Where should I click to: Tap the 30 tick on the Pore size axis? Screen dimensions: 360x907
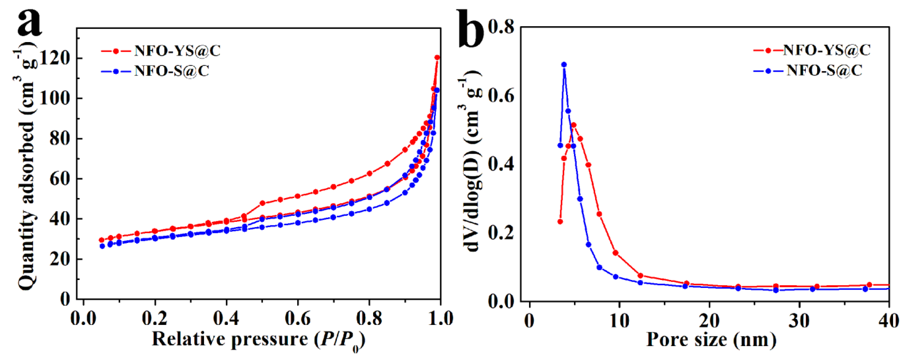pyautogui.click(x=799, y=320)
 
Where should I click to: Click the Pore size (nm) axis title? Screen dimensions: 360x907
pyautogui.click(x=711, y=340)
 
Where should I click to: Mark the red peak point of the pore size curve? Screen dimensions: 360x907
pyautogui.click(x=574, y=125)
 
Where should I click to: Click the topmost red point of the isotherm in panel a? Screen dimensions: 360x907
pyautogui.click(x=437, y=57)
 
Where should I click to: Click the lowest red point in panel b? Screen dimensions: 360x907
pyautogui.click(x=560, y=222)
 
